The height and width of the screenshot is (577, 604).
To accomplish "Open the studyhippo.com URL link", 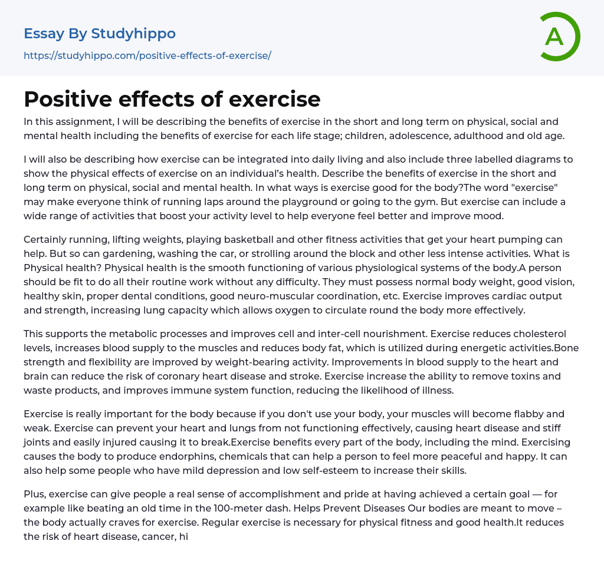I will (147, 55).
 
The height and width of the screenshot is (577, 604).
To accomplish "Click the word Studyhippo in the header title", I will (133, 34).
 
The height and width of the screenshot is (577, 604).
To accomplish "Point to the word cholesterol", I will (547, 334).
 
